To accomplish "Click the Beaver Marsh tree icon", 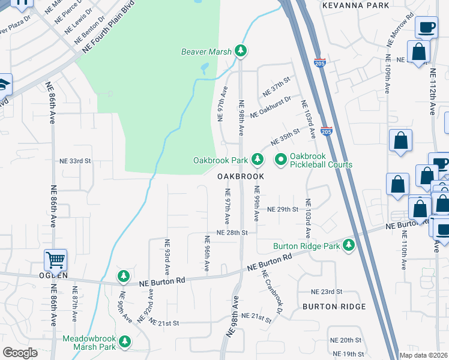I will click(x=241, y=51).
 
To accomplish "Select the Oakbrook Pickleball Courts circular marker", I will click(x=280, y=160).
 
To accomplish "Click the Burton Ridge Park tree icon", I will click(x=349, y=245).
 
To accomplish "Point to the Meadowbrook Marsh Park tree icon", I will click(x=124, y=342).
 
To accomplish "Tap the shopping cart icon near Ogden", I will click(x=55, y=260).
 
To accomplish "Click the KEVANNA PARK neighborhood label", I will click(x=353, y=5).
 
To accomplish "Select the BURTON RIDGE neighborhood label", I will click(x=334, y=307).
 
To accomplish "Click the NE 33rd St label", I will click(x=75, y=161).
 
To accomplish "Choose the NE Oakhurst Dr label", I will click(x=271, y=106).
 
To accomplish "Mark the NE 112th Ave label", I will click(x=432, y=91).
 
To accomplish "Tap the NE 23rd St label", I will click(x=327, y=291).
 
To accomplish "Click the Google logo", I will click(x=20, y=352).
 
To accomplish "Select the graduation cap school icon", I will click(x=4, y=85).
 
